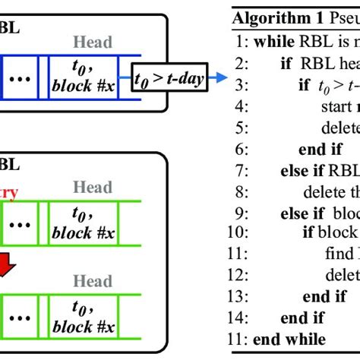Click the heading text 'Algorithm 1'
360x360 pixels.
[278, 18]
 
